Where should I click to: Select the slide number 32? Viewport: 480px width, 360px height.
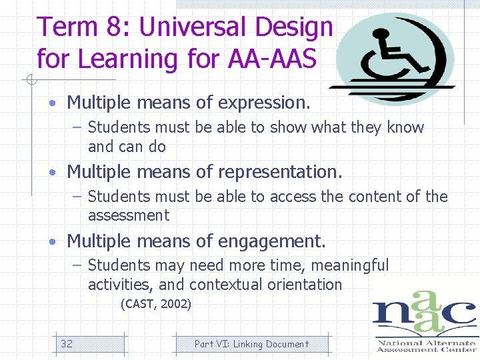tap(67, 344)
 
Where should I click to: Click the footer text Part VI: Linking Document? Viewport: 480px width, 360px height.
tap(251, 344)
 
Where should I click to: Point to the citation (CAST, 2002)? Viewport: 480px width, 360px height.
tap(155, 305)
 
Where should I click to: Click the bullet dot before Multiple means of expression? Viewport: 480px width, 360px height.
tap(51, 104)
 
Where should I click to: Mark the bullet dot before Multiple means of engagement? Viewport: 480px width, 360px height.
tap(51, 241)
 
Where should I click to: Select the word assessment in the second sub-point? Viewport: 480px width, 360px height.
tap(129, 215)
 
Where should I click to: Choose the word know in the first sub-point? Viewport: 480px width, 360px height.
tap(405, 127)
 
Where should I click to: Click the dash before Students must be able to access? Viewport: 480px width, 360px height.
tap(77, 197)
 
